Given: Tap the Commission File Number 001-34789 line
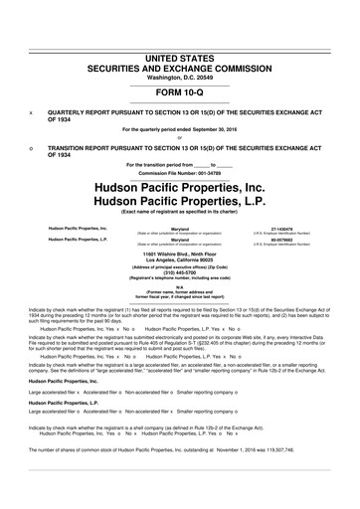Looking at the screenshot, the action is (180, 171).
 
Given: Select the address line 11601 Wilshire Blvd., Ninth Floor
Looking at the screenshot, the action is (180, 254).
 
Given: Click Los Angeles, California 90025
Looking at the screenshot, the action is (180, 261).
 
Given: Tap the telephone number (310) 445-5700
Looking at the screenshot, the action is (180, 277).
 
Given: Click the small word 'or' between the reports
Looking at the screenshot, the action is (180, 138).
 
